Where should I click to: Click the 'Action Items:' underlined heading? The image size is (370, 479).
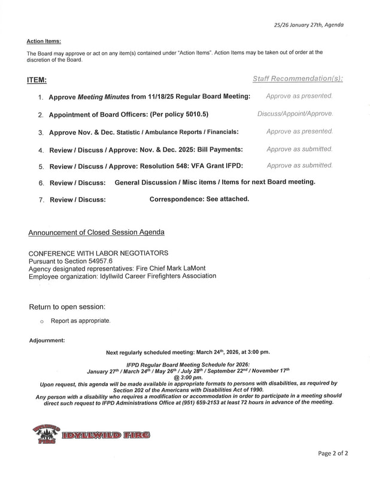(x=44, y=41)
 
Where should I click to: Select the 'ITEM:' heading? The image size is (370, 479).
(x=37, y=80)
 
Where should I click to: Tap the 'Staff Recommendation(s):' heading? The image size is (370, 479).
(x=298, y=79)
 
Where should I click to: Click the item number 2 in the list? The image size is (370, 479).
(x=41, y=114)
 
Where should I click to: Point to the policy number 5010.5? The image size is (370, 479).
(x=195, y=114)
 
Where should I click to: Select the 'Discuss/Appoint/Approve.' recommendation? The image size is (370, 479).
(x=295, y=113)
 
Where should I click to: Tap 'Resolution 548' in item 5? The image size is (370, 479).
(x=166, y=165)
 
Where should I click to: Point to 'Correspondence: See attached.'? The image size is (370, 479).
(x=199, y=199)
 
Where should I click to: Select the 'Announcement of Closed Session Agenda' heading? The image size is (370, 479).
(x=96, y=232)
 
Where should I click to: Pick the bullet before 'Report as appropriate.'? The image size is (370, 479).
(x=41, y=322)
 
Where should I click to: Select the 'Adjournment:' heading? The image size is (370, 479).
(x=47, y=340)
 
